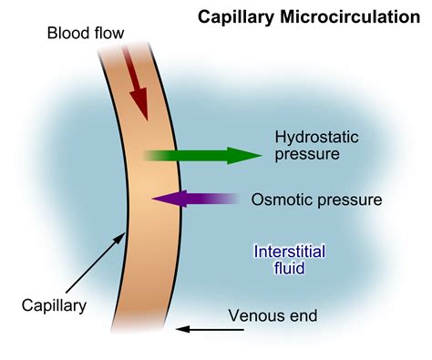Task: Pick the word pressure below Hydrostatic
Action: point(305,154)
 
